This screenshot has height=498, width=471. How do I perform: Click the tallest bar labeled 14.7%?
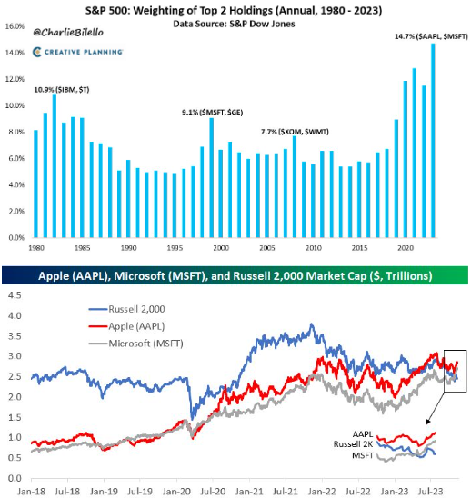(433, 140)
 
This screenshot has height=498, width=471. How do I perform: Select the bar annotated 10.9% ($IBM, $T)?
(55, 165)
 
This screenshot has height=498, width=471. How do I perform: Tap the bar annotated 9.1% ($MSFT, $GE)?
(211, 177)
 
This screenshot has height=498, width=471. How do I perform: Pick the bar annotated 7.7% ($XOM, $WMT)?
(295, 187)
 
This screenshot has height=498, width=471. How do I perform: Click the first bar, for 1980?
(35, 184)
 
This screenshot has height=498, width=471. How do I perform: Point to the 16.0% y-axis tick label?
(15, 26)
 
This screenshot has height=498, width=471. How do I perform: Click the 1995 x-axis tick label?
(175, 248)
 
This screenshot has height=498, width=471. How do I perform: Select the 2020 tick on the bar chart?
(406, 248)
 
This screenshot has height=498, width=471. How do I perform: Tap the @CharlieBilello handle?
(68, 33)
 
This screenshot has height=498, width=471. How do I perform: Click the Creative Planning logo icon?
(37, 52)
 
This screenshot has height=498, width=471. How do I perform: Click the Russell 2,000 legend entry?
(126, 309)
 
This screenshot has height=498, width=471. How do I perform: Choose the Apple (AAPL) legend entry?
(126, 326)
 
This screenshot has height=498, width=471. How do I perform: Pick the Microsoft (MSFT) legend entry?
(135, 344)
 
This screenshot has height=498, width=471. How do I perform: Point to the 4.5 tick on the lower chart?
(15, 295)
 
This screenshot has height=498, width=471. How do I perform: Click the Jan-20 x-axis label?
(176, 491)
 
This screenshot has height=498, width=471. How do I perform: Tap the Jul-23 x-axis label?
(430, 491)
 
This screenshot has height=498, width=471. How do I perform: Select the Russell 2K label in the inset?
(353, 444)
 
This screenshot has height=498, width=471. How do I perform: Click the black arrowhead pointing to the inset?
(428, 422)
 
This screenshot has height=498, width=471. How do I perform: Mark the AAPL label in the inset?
(363, 433)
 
